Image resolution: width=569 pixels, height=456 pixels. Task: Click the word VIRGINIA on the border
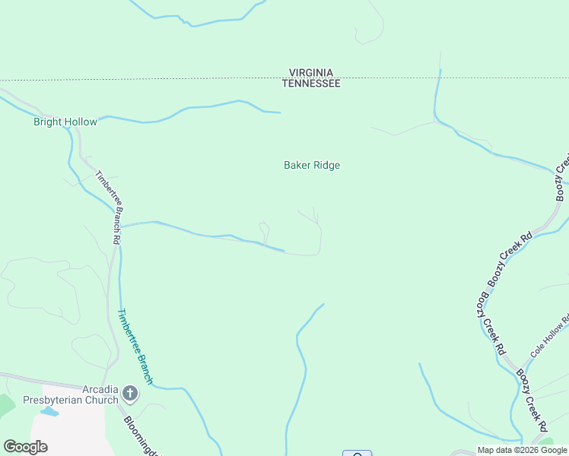point(311,73)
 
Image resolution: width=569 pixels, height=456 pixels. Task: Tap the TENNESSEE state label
point(311,84)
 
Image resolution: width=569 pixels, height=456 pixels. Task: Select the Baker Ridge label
point(311,165)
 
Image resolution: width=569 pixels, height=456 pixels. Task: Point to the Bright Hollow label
point(65,122)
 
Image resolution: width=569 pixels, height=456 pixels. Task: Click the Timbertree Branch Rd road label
point(109,207)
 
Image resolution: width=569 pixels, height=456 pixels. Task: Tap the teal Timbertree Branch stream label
point(135,347)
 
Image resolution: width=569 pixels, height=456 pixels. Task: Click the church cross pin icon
point(130,394)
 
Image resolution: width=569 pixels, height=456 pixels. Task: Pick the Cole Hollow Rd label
point(549,337)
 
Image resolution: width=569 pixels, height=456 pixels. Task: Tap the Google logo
point(25,447)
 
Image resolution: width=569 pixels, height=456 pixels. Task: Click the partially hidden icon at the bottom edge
point(357,454)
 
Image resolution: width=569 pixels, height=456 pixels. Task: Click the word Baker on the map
point(297,165)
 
